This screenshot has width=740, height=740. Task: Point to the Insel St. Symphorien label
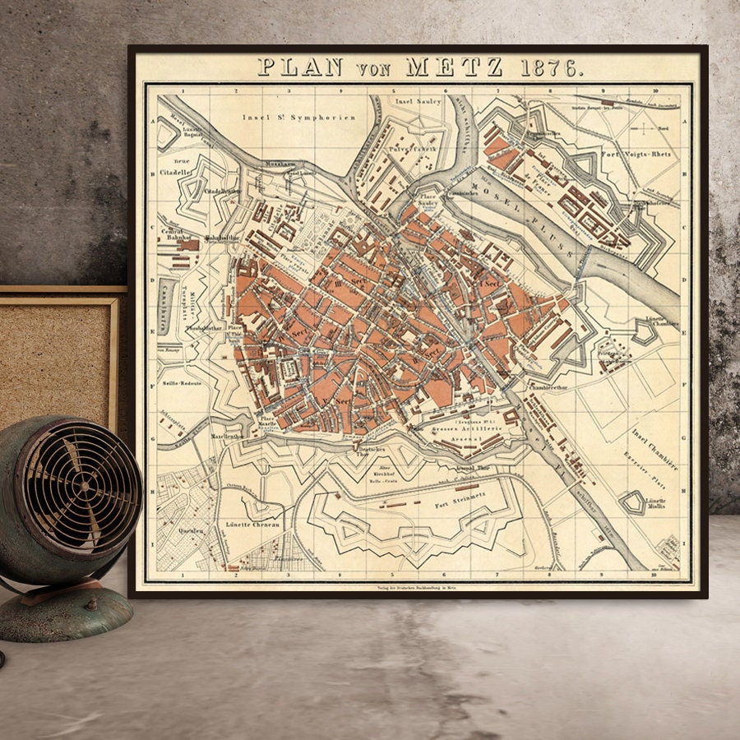pyautogui.click(x=298, y=118)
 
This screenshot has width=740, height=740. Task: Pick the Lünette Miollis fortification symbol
pyautogui.click(x=634, y=502)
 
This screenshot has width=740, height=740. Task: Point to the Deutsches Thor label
pyautogui.click(x=371, y=450)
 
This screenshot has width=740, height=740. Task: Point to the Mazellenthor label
pyautogui.click(x=227, y=437)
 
